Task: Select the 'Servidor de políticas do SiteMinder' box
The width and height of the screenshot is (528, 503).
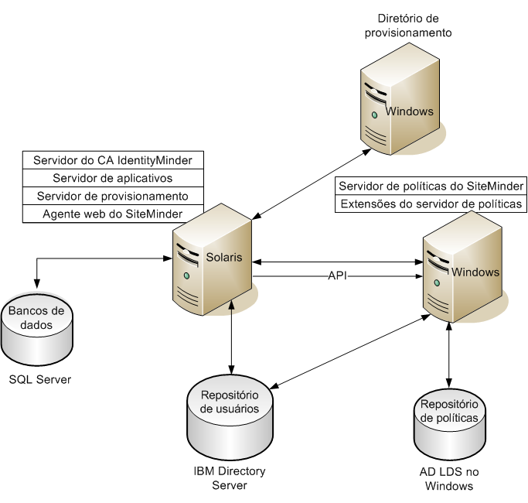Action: click(x=431, y=186)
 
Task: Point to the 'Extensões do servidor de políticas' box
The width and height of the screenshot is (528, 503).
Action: click(x=431, y=204)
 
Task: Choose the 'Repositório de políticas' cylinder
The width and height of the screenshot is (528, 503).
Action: click(x=449, y=422)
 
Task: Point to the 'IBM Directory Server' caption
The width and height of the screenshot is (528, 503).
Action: click(x=229, y=477)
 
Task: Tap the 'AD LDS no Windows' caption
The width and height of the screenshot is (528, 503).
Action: click(x=448, y=479)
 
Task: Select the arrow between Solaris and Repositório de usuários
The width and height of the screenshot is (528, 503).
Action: click(x=230, y=333)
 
